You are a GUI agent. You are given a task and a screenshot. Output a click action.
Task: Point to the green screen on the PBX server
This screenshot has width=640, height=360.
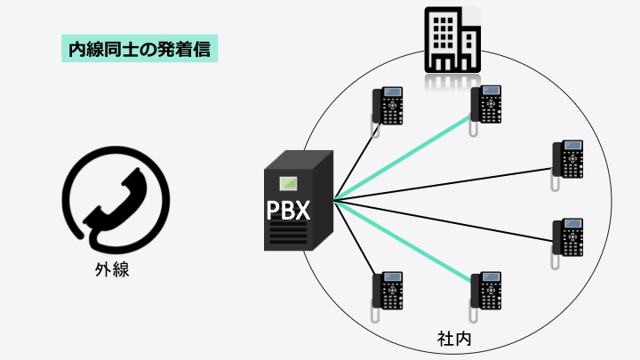tap(288, 185)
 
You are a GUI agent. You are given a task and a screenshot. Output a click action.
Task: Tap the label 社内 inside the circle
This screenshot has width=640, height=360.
tap(452, 339)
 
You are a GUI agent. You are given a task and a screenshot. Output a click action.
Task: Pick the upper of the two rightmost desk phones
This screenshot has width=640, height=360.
tap(568, 159)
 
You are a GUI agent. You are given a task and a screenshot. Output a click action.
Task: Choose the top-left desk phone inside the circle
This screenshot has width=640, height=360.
tap(389, 108)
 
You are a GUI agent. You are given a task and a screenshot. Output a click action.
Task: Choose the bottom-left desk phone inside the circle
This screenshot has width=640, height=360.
tap(389, 292)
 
